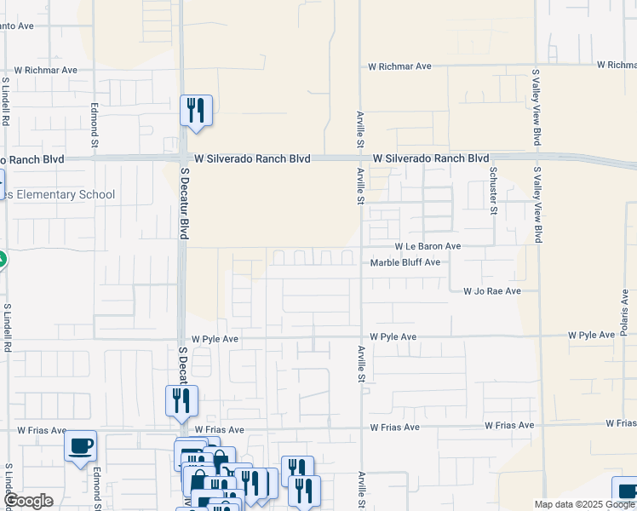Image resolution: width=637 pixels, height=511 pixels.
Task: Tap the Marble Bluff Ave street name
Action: coord(405,262)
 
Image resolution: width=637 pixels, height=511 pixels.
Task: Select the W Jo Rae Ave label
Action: coord(491,291)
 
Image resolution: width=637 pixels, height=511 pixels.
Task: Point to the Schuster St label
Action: coord(493,192)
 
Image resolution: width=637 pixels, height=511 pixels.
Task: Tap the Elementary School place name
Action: coord(60,195)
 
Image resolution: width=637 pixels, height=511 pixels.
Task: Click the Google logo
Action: coord(28,501)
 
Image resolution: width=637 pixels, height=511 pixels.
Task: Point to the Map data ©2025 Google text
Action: coord(583,504)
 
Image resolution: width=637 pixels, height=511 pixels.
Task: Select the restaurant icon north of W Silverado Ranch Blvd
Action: coord(196,111)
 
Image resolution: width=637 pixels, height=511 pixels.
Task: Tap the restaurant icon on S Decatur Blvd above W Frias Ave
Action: coord(181,400)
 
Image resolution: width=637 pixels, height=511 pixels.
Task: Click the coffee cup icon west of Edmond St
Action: coord(80,446)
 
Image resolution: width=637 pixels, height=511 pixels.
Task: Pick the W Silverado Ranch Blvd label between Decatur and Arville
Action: coord(252,158)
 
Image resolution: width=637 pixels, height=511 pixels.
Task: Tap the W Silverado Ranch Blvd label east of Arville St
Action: coord(431,158)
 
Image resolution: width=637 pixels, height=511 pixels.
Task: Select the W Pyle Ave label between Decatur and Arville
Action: coord(215,338)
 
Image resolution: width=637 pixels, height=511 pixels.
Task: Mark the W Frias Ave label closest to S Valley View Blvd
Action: coord(509,425)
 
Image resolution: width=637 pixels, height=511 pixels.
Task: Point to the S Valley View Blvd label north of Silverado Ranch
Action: coord(537,107)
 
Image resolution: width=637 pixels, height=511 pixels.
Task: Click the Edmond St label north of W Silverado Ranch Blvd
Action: coord(95,125)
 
